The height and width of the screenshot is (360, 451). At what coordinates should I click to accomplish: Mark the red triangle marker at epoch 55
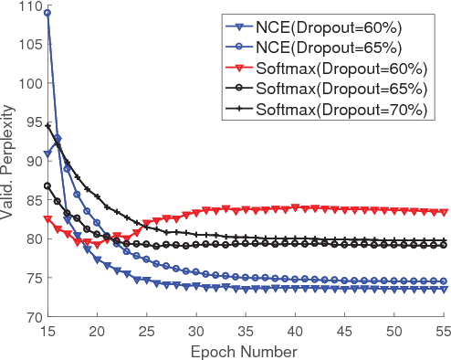click(x=444, y=212)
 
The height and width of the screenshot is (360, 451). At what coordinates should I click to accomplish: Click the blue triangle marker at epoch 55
click(x=444, y=289)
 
